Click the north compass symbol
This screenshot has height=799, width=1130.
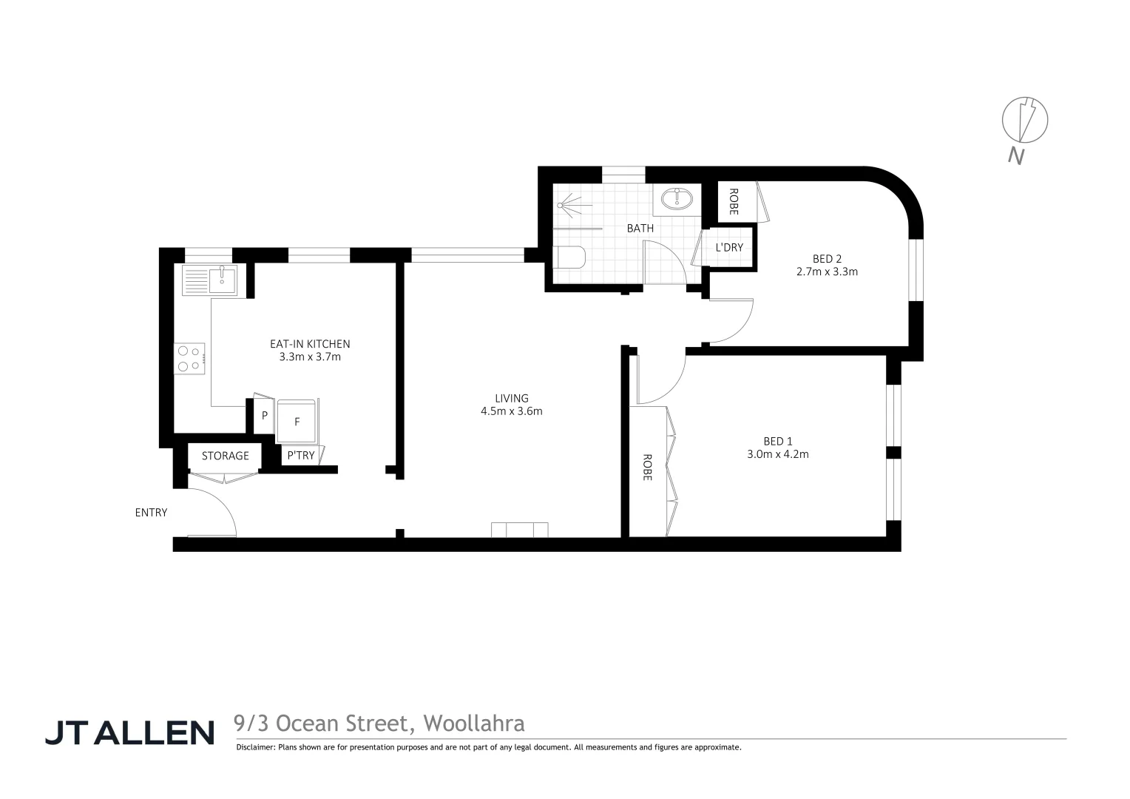(x=1024, y=120)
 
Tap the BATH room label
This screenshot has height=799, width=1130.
(x=640, y=228)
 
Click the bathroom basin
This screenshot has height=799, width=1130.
(x=676, y=198)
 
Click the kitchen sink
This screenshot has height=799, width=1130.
(x=221, y=279)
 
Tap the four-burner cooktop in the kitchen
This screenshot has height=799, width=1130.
(x=189, y=358)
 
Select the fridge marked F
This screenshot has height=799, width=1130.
(x=297, y=422)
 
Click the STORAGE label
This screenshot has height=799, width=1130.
(x=226, y=456)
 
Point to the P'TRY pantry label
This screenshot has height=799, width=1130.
(x=301, y=456)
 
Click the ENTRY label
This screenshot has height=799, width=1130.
(x=151, y=512)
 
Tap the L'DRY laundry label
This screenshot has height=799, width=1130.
(x=728, y=247)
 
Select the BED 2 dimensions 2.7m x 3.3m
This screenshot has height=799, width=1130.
(x=827, y=272)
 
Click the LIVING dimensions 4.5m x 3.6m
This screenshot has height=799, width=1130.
(x=512, y=411)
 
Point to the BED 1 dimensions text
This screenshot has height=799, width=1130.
(x=778, y=454)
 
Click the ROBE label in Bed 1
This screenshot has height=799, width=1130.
(x=647, y=468)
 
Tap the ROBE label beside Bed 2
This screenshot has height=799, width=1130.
(x=734, y=201)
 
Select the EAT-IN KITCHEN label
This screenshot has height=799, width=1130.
(x=309, y=344)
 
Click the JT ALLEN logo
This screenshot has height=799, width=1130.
(x=130, y=732)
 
